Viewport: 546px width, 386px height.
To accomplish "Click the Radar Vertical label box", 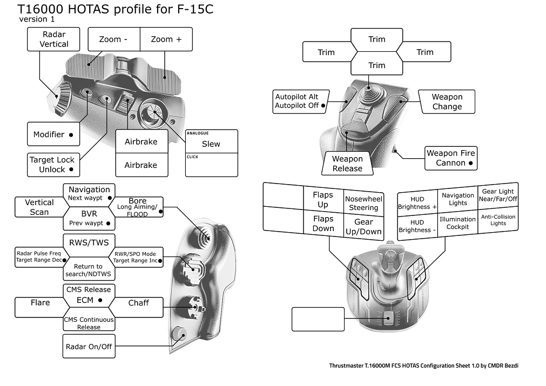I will click(53, 39).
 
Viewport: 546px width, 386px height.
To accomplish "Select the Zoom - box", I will click(113, 39).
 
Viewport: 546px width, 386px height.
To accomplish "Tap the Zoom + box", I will click(166, 39).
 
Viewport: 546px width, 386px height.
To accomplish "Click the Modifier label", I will click(53, 134).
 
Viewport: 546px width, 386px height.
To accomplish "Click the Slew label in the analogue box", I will click(211, 144).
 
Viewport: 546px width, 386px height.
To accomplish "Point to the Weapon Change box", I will click(447, 101).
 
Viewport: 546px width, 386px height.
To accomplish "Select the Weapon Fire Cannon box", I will click(450, 158).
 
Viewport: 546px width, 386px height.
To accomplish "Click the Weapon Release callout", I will click(347, 164).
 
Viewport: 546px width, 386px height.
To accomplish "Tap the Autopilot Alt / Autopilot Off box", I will click(300, 101).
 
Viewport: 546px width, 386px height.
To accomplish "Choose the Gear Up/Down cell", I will click(363, 227).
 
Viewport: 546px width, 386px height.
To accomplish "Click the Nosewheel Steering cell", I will click(363, 203).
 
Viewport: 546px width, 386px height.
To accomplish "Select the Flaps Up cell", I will click(323, 200).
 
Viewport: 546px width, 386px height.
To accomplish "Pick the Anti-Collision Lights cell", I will click(498, 220).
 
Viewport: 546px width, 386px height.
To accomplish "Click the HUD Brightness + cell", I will click(417, 203).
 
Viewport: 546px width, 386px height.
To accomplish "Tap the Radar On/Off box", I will click(89, 346).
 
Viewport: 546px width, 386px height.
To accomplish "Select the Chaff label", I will click(139, 303).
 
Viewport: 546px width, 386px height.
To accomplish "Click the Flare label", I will click(40, 303).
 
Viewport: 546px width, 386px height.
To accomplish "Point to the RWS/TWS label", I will click(88, 242).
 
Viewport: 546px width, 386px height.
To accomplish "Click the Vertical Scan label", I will click(39, 207).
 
